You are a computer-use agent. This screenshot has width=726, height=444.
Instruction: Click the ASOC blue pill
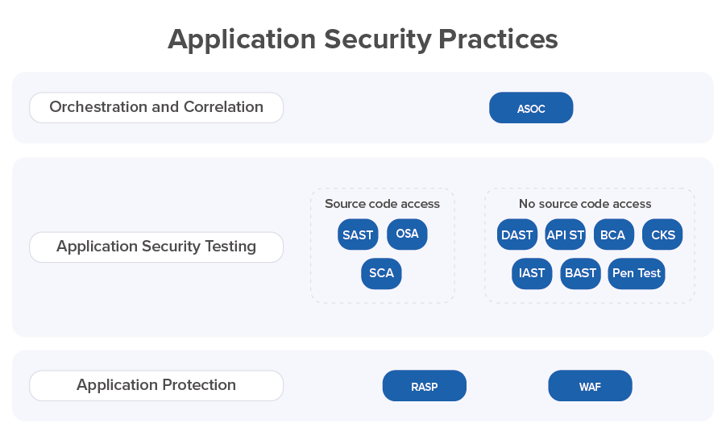(531, 108)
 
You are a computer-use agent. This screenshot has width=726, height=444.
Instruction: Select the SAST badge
(358, 234)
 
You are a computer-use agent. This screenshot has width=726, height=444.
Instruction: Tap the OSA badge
(407, 234)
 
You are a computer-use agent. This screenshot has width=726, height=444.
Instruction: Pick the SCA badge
(381, 274)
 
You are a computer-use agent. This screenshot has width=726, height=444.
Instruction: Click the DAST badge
(517, 234)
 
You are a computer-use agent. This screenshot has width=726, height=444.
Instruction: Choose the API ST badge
(566, 234)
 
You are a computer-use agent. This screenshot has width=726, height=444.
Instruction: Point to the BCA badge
(614, 234)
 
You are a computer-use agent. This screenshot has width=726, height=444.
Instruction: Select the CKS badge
(662, 234)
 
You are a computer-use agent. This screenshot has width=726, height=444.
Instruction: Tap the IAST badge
(532, 274)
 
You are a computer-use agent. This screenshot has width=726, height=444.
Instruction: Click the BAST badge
(581, 274)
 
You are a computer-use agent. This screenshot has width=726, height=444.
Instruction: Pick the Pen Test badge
(637, 274)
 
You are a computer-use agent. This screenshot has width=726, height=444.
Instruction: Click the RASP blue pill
(424, 386)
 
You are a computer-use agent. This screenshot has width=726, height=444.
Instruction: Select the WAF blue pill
(590, 386)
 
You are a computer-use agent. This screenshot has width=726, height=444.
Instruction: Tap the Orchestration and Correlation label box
(156, 107)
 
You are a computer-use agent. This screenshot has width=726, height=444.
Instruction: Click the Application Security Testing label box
(156, 247)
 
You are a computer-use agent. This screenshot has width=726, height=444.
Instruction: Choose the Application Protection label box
(156, 386)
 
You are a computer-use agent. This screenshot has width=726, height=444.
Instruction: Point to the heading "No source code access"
(585, 204)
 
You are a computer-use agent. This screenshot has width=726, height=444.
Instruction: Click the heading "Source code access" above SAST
(382, 204)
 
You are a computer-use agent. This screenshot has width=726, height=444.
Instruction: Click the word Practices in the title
(498, 39)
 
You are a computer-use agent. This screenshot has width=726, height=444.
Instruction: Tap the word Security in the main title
(377, 39)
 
